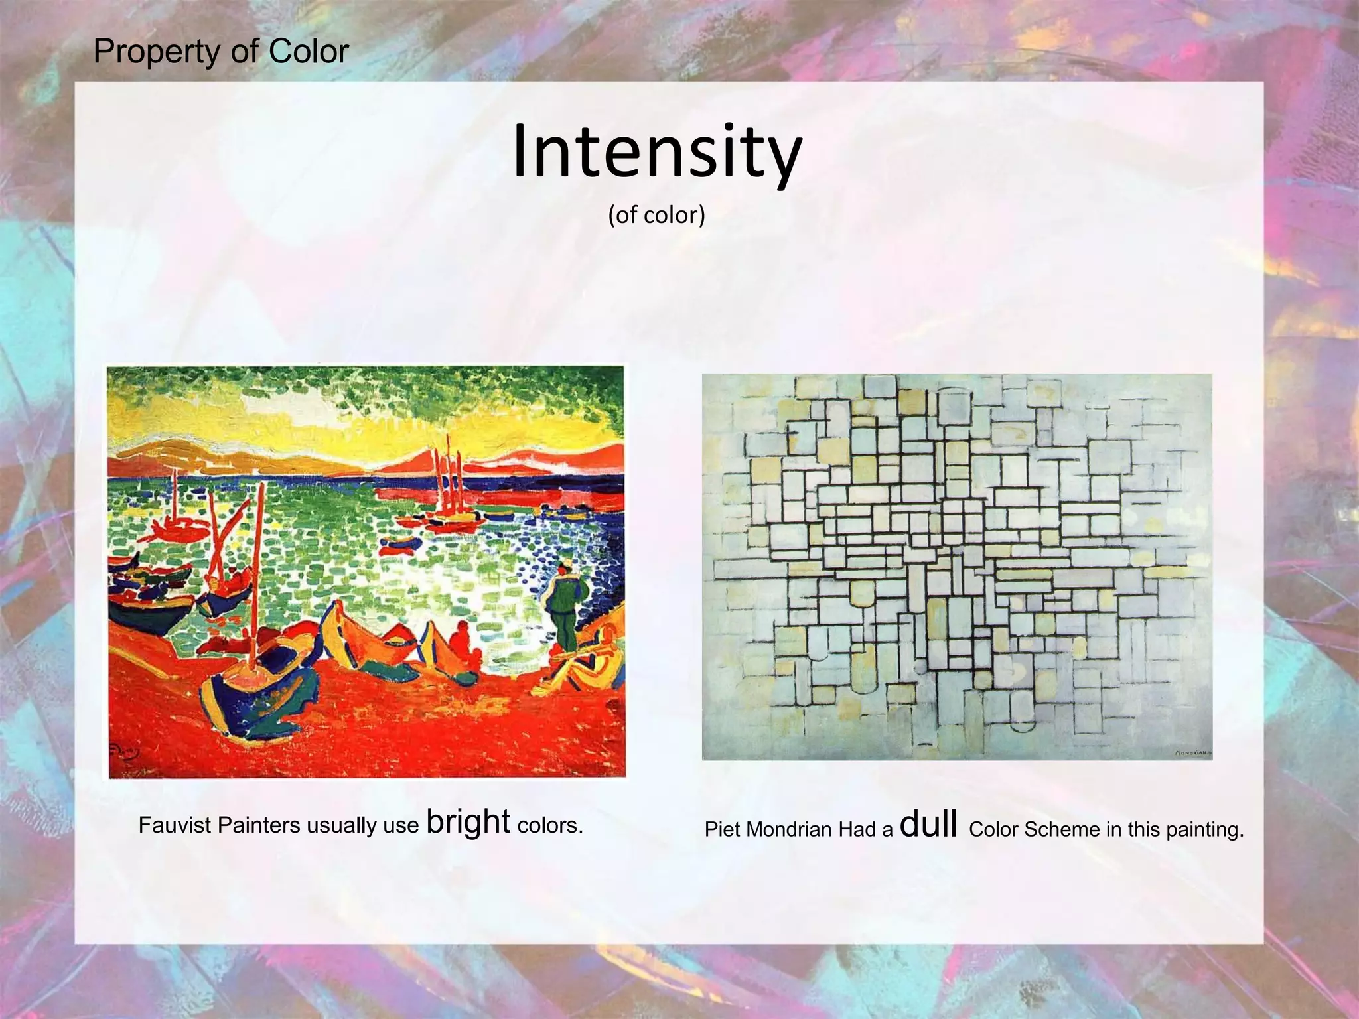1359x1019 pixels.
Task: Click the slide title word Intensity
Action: tap(657, 153)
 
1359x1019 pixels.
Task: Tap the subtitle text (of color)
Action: tap(656, 215)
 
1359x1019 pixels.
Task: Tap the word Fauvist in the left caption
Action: tap(175, 825)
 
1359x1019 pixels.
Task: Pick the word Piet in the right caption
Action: tap(721, 829)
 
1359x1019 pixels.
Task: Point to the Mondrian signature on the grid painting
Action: tap(1192, 753)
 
